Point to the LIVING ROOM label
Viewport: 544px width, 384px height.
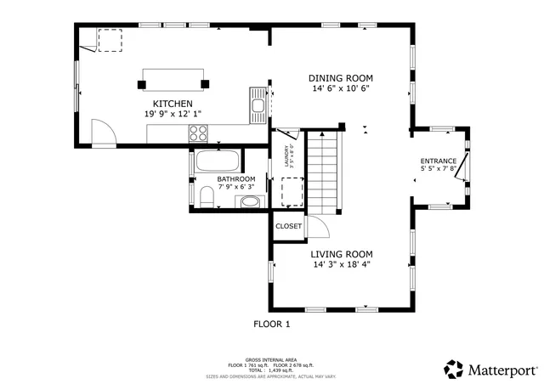341,254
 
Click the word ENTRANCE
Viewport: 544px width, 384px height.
439,161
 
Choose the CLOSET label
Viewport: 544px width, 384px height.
289,227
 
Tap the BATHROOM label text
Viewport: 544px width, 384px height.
235,179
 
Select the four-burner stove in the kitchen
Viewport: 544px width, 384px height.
198,133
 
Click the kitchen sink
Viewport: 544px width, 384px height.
258,105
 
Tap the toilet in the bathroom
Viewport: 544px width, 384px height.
205,197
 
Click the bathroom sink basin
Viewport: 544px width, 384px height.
249,202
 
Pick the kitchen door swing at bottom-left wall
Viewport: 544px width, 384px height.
103,132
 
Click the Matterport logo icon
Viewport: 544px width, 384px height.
455,370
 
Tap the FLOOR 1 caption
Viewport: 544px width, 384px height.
272,324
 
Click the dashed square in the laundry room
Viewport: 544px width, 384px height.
292,192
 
